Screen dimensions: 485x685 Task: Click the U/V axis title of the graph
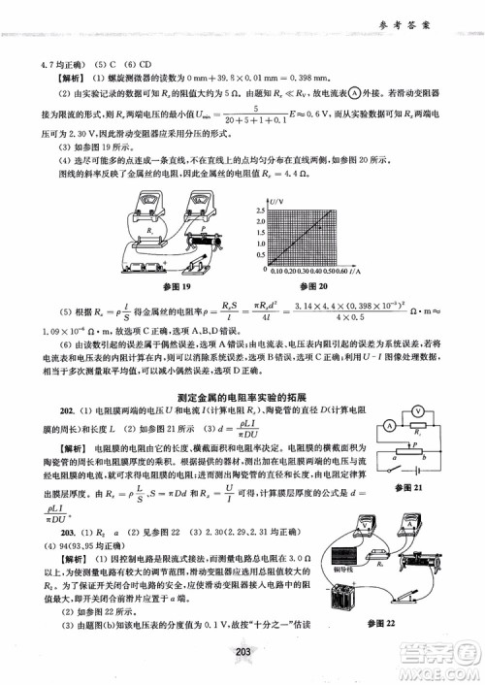(x=275, y=200)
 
